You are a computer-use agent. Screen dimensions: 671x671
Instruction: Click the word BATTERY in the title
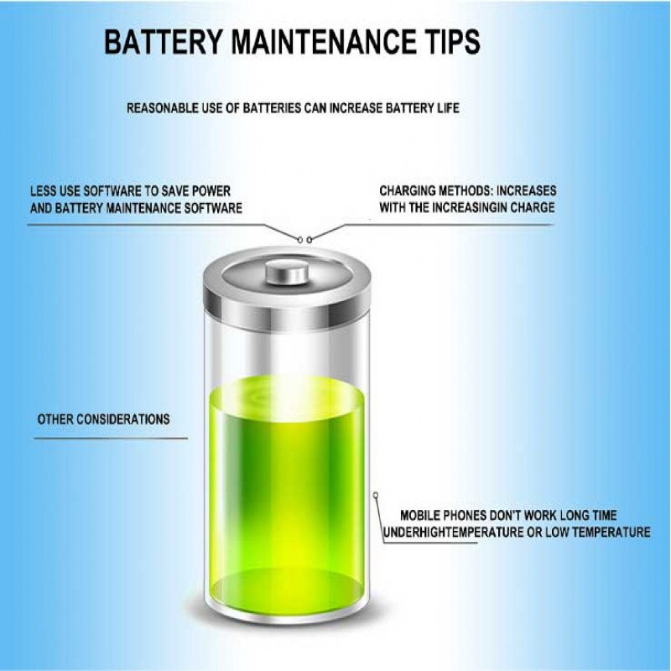pos(164,41)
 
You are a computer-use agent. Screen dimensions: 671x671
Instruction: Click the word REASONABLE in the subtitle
pos(162,108)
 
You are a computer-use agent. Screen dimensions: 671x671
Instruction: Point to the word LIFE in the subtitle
pos(448,108)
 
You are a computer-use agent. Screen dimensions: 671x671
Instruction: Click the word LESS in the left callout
pos(43,191)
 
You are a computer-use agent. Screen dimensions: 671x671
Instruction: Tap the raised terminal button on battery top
pos(287,272)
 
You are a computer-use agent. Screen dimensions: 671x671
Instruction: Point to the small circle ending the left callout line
pos(299,240)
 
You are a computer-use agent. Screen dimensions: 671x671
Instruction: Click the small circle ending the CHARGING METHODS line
pos(309,240)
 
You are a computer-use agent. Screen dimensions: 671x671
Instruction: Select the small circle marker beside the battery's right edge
pos(375,495)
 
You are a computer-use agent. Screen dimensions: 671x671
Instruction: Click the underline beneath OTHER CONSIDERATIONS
pos(111,438)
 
